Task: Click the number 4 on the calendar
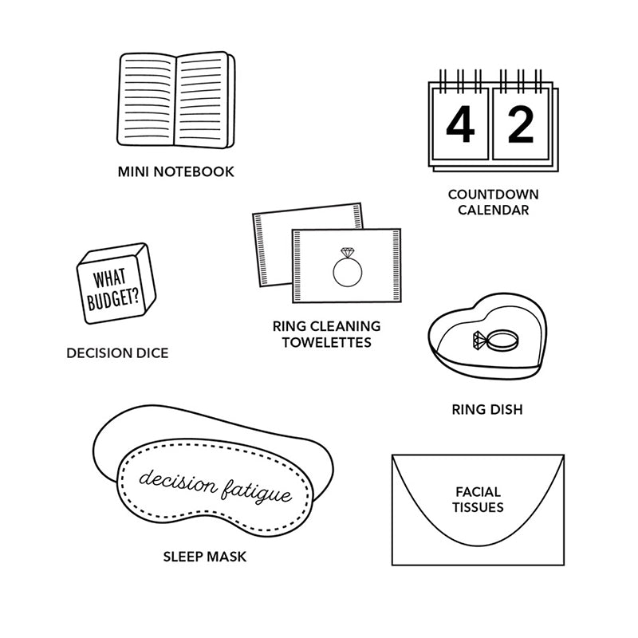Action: tap(460, 124)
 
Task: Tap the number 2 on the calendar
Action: tap(521, 124)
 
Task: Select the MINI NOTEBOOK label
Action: tap(175, 171)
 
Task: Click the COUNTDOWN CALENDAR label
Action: tap(493, 203)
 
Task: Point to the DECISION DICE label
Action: tap(117, 352)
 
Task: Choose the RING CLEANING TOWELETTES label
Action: tap(327, 334)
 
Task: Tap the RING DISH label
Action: tap(487, 409)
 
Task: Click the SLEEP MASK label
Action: tap(205, 557)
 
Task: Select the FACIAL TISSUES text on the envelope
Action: tap(478, 500)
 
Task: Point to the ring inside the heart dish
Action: tap(496, 340)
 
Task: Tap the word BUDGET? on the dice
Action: tap(113, 299)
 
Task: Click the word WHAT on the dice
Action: tap(109, 278)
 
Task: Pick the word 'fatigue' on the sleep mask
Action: tap(256, 491)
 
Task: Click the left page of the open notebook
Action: tap(147, 99)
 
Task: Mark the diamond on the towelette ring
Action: tap(347, 252)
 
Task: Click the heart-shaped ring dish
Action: tap(487, 337)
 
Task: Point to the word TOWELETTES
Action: tap(327, 342)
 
